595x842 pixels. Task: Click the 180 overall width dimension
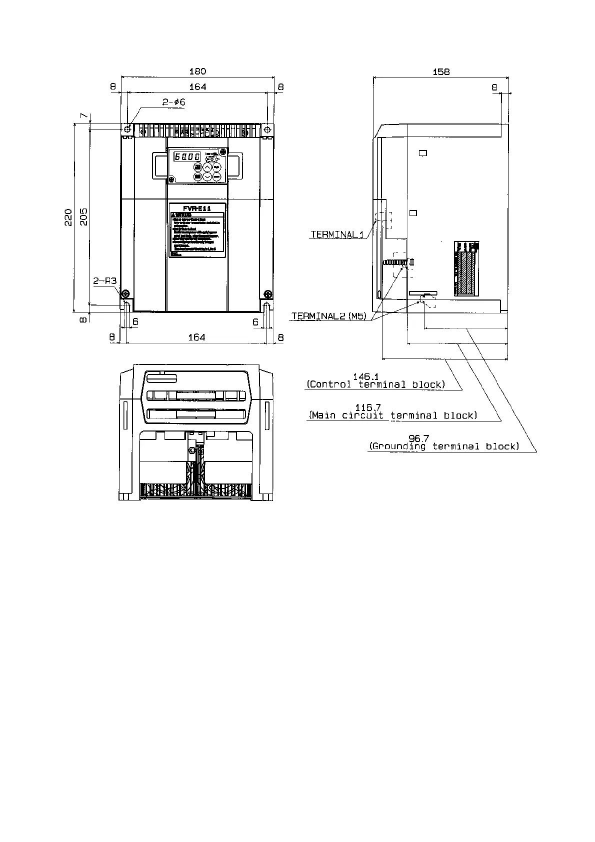pos(197,71)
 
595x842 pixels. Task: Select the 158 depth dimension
pos(440,71)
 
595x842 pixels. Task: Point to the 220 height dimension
pos(68,217)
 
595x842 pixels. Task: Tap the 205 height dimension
pos(83,217)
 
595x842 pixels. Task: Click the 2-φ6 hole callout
pos(173,102)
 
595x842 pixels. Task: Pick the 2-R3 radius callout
pos(104,281)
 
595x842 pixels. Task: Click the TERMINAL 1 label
pos(337,234)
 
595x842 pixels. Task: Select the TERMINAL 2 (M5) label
pos(329,316)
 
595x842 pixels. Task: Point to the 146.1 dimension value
pos(365,376)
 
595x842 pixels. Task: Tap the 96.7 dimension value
pos(418,439)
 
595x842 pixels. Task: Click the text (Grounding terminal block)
pos(444,446)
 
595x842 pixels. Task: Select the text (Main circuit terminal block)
pos(393,415)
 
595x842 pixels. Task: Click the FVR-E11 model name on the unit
pos(197,208)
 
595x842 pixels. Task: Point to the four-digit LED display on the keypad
pos(187,156)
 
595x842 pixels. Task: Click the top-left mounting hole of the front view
pos(127,129)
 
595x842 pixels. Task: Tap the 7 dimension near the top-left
pos(83,116)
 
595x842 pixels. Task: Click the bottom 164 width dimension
pos(196,337)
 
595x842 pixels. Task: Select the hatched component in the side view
pos(466,272)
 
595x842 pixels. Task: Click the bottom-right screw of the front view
pos(268,293)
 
